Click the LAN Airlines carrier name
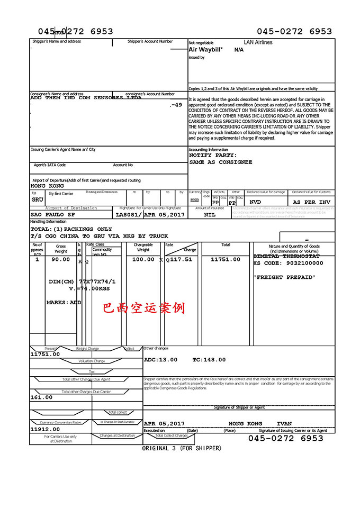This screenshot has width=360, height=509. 258,42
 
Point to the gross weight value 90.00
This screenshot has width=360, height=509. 61,260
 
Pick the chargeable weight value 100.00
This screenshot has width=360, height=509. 143,260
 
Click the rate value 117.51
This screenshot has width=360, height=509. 181,260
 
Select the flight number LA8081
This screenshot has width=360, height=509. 128,215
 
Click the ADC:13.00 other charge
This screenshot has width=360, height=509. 161,360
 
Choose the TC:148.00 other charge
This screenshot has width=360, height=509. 209,360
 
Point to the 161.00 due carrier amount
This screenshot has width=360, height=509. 42,397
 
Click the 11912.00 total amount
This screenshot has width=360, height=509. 46,430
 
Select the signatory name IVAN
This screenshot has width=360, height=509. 284,424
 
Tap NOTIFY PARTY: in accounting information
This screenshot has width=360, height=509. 213,156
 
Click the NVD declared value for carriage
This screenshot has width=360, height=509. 255,202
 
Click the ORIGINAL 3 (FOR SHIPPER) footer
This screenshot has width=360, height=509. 182,449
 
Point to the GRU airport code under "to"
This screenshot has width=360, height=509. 37,200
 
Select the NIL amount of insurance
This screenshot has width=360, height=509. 210,215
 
